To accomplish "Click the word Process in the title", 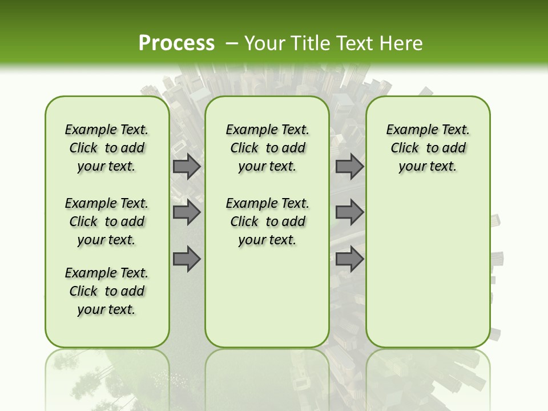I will click(176, 43).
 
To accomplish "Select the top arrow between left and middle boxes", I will click(187, 167).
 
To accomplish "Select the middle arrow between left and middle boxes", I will click(187, 213).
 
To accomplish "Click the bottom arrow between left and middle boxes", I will click(187, 259).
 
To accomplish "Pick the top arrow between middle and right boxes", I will click(349, 167).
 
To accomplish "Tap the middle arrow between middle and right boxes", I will click(349, 213).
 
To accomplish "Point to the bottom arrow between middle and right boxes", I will click(349, 259).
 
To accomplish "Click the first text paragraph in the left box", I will click(107, 148).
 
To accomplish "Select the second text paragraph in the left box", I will click(107, 221).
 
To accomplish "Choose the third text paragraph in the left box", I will click(107, 291).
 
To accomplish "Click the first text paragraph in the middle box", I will click(267, 148).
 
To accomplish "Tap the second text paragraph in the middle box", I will click(267, 221).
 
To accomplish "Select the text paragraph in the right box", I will click(428, 148).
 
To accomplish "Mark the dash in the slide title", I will click(232, 43).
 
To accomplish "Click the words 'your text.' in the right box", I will click(428, 166).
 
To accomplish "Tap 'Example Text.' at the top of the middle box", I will click(267, 130).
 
